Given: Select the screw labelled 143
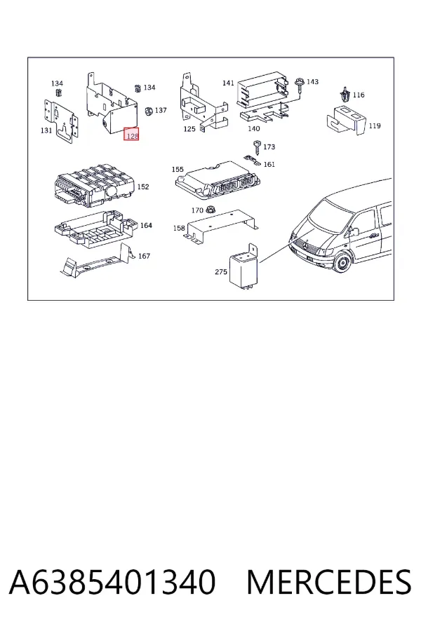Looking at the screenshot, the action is pyautogui.click(x=300, y=86).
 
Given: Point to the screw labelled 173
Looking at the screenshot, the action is pyautogui.click(x=257, y=147).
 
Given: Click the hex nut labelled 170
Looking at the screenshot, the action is pyautogui.click(x=210, y=210).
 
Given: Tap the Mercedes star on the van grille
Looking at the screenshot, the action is pyautogui.click(x=307, y=245).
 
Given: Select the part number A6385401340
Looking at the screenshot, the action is pyautogui.click(x=112, y=582).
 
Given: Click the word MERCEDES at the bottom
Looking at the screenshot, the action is pyautogui.click(x=329, y=582).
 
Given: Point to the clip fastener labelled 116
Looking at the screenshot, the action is pyautogui.click(x=345, y=94).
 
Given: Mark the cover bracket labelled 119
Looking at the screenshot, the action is pyautogui.click(x=346, y=119).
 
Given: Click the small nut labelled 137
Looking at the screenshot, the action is pyautogui.click(x=149, y=111).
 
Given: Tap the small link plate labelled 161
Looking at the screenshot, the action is pyautogui.click(x=252, y=160).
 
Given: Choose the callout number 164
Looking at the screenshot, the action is pyautogui.click(x=146, y=225).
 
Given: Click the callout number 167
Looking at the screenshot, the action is pyautogui.click(x=145, y=256).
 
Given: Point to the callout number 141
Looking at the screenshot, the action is pyautogui.click(x=228, y=83).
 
